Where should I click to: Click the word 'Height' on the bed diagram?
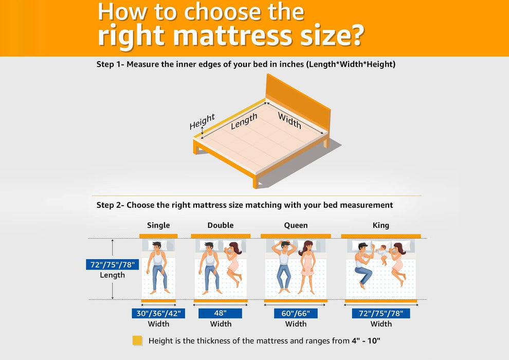click(x=202, y=122)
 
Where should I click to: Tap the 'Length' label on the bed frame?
click(x=244, y=121)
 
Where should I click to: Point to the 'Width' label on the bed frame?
click(x=289, y=120)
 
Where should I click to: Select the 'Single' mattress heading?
click(x=158, y=225)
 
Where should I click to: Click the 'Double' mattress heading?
click(x=221, y=225)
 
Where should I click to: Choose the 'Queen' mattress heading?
click(x=296, y=225)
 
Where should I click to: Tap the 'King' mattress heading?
click(x=381, y=225)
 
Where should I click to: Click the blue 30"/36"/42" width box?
click(x=158, y=313)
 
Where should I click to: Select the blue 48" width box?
click(x=221, y=313)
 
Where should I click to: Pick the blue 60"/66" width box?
click(x=296, y=313)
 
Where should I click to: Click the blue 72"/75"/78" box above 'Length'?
click(x=112, y=265)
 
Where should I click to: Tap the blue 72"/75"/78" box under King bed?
click(x=381, y=313)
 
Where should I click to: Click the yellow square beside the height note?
click(x=137, y=340)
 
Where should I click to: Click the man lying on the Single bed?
click(x=158, y=265)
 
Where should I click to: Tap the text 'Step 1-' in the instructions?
click(x=110, y=64)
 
